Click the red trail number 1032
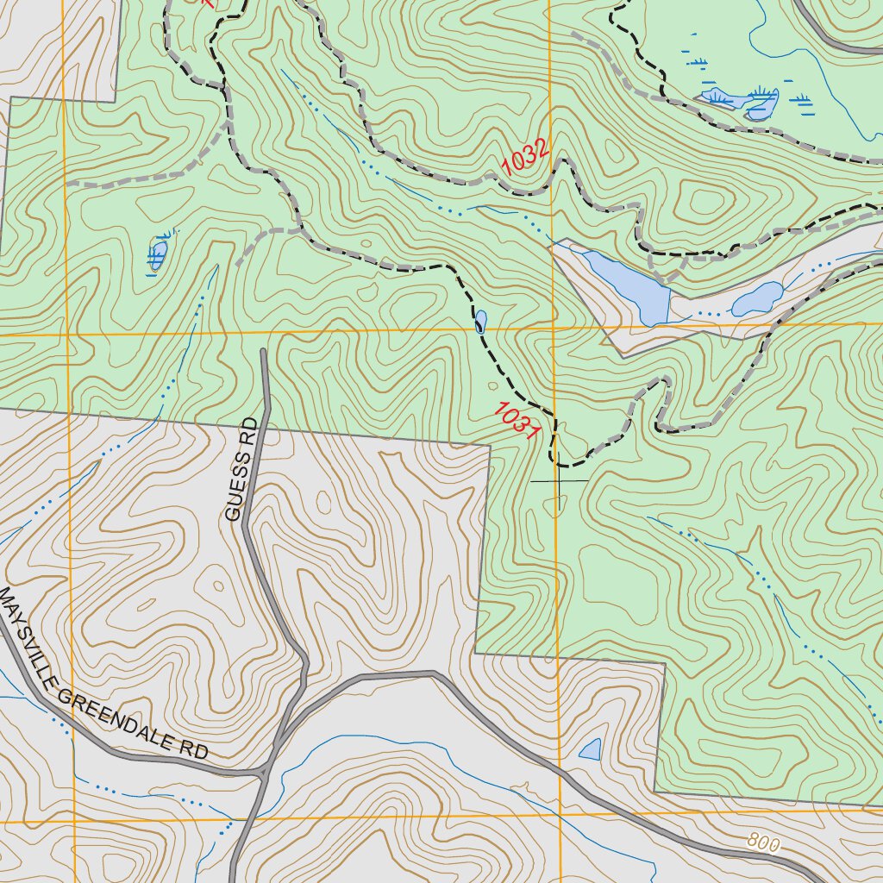525,157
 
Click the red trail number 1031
517,422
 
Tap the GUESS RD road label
241,470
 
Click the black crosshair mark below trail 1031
559,480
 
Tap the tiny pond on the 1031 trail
479,322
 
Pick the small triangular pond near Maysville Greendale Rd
591,749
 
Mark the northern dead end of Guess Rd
263,352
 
